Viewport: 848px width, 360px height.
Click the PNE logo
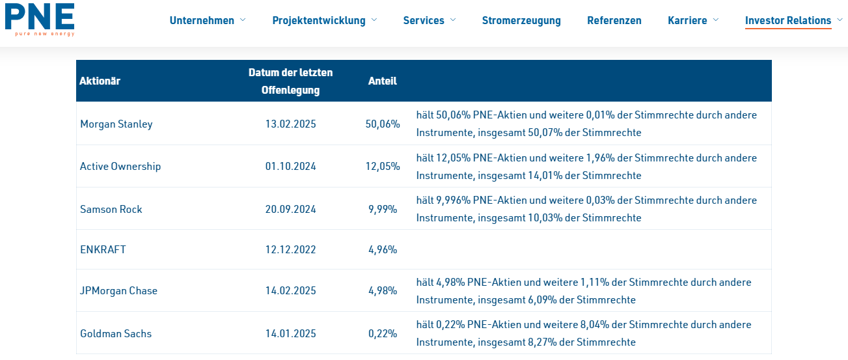tap(40, 19)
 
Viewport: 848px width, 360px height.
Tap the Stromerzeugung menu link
tap(521, 20)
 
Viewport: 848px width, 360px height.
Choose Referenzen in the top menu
tap(614, 20)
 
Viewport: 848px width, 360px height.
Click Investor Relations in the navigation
tap(787, 20)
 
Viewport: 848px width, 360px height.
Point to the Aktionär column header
tap(100, 81)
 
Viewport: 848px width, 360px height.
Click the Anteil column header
tap(382, 81)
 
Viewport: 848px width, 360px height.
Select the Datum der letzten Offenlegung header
tap(290, 81)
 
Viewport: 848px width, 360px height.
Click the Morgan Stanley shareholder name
tap(116, 124)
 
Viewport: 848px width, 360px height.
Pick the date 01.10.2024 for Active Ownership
tap(290, 166)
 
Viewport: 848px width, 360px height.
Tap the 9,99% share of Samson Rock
tap(382, 209)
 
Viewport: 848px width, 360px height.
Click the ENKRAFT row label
tap(103, 249)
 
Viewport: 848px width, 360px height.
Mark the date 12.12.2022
tap(290, 249)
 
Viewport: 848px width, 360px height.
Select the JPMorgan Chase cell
tap(118, 290)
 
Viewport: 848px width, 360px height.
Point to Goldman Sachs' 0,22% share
tap(382, 333)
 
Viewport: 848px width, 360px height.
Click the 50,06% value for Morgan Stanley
tap(382, 124)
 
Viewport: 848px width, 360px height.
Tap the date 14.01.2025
tap(290, 333)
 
